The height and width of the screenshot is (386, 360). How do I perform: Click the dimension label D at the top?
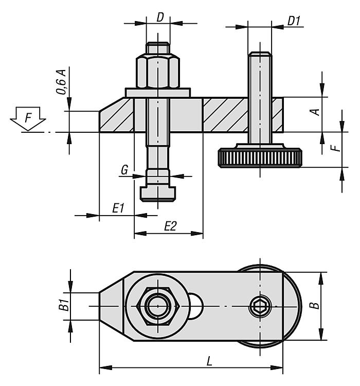click(x=160, y=17)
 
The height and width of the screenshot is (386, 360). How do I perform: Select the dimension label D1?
click(x=294, y=21)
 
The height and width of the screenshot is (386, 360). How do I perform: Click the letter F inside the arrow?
click(x=28, y=118)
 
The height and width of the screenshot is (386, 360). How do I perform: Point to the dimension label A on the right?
click(x=318, y=110)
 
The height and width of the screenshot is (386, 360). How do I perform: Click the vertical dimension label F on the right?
click(x=335, y=148)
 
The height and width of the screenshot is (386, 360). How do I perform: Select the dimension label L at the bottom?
click(x=209, y=361)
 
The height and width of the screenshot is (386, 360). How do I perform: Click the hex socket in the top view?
click(x=260, y=307)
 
